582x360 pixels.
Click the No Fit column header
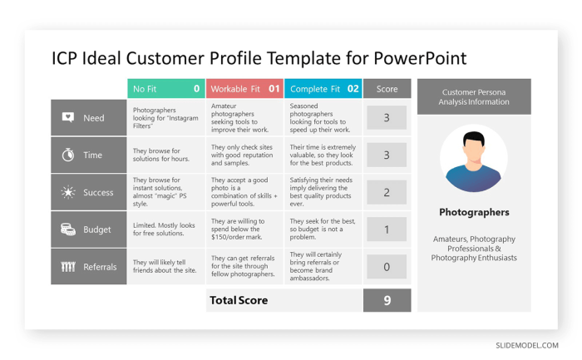point(165,88)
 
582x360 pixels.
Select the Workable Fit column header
point(244,88)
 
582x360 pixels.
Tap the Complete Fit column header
point(323,88)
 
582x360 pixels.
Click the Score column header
point(387,88)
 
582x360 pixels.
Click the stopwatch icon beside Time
point(68,155)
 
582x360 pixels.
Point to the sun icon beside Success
point(68,192)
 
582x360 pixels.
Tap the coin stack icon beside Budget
point(68,229)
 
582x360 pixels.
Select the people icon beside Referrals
point(68,267)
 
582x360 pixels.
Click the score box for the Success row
point(387,192)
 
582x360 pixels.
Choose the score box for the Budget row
point(387,229)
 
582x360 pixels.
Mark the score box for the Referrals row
point(387,267)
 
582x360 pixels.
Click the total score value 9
point(387,300)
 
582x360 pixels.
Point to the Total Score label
point(239,300)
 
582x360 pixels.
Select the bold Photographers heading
point(474,212)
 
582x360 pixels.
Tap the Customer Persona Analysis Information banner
point(474,96)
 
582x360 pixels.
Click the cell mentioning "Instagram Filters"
point(165,118)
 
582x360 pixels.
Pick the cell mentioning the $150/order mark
point(244,229)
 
